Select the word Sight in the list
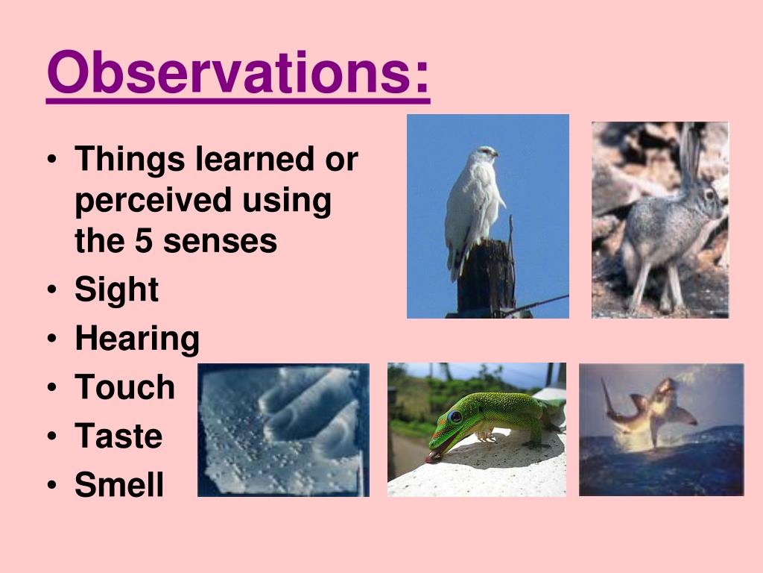[116, 289]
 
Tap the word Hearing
[137, 339]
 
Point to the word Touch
[124, 387]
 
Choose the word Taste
[118, 436]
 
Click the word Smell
[119, 485]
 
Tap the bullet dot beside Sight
[51, 290]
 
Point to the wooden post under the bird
[485, 276]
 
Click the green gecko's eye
[454, 417]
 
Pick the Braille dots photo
[283, 430]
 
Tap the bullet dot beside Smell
[51, 486]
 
